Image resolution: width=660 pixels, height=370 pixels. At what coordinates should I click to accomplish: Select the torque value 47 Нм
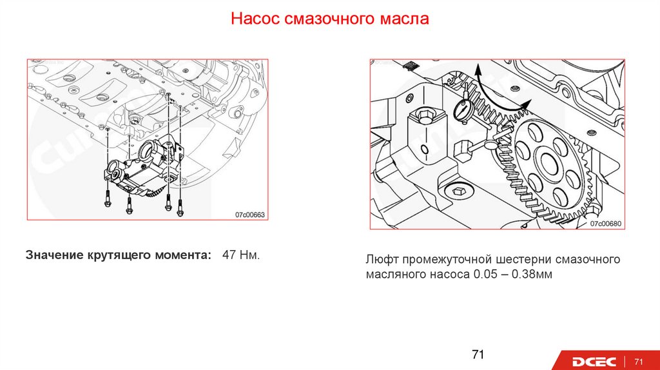(x=241, y=255)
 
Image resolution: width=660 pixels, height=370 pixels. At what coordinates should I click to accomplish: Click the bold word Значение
(x=54, y=255)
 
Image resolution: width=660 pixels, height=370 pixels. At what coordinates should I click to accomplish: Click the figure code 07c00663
(x=250, y=215)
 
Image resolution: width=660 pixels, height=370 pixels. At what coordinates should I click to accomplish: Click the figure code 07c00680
(x=606, y=224)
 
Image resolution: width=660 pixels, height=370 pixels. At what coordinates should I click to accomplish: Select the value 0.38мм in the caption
(x=532, y=275)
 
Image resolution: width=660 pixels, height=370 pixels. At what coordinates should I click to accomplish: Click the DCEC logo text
(x=594, y=362)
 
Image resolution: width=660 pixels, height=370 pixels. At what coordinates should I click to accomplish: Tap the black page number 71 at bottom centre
(x=478, y=355)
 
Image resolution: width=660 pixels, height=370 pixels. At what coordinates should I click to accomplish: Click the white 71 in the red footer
(x=639, y=362)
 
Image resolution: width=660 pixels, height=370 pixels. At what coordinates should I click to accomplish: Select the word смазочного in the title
(x=329, y=19)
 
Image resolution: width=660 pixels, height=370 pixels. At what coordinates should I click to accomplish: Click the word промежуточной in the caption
(x=447, y=259)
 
